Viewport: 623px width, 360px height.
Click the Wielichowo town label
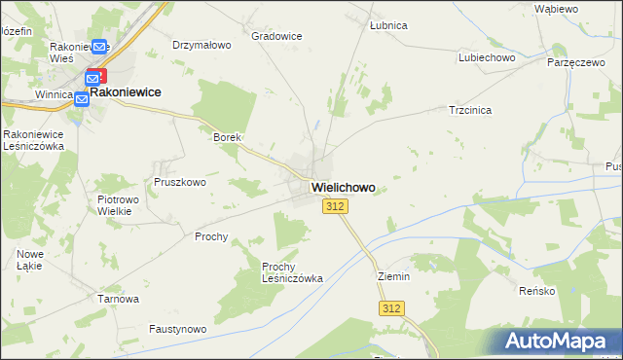pos(343,187)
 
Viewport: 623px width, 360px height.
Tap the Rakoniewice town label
pos(125,91)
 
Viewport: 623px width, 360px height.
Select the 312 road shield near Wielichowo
pos(335,206)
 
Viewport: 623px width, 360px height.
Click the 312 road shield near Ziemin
pos(390,308)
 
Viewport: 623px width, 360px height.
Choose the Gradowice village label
pos(276,36)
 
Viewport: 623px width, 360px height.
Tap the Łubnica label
pos(388,25)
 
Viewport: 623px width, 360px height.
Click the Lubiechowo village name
pos(487,57)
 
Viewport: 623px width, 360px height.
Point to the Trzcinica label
pos(470,110)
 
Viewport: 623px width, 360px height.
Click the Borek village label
pos(227,138)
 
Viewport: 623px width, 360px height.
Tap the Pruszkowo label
pos(179,182)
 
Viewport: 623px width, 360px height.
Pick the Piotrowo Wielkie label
pos(120,205)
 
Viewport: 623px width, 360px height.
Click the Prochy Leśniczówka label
pos(292,271)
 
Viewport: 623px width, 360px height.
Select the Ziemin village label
pos(394,276)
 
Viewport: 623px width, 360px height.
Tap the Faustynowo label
pos(178,330)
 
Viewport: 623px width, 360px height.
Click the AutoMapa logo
pos(559,341)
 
